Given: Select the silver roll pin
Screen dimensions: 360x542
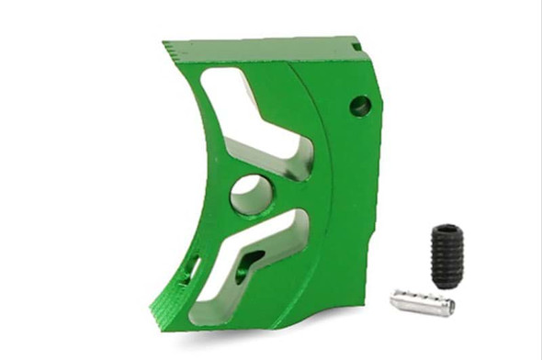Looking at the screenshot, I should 422,301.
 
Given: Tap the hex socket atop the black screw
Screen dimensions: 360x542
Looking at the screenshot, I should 446,230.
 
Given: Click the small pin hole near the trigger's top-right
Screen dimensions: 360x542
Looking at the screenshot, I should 360,107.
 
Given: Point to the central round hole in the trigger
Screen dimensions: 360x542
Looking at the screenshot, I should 251,194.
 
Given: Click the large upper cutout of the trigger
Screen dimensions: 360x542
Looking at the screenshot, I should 248,110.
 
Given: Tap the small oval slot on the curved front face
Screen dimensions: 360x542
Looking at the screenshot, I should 192,267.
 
